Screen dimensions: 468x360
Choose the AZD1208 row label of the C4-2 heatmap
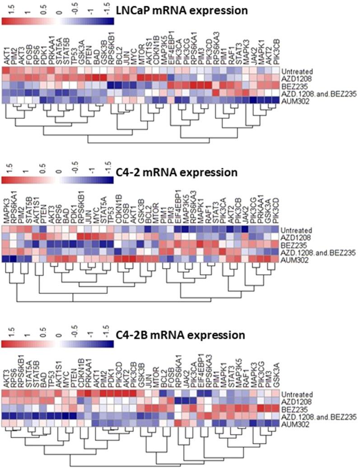tap(294, 236)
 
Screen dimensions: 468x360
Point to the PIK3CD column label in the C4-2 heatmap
tap(275, 213)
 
